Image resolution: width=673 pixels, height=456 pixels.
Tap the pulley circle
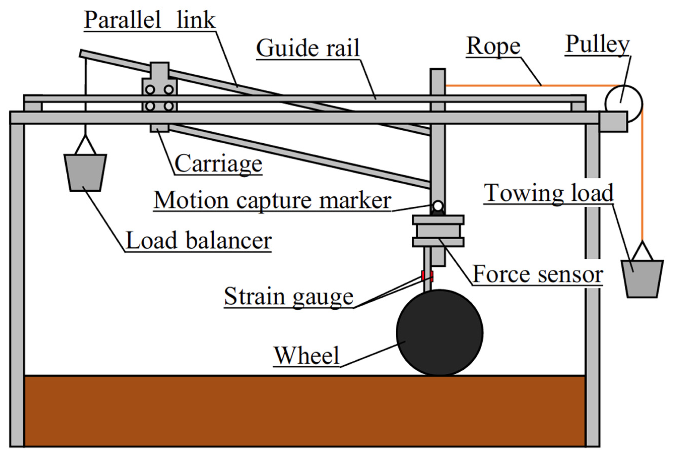[x=623, y=103]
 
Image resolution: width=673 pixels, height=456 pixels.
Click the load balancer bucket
[x=85, y=172]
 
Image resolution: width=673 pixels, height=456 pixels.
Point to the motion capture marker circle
[x=438, y=206]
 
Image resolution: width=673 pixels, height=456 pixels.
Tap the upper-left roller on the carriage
[x=150, y=89]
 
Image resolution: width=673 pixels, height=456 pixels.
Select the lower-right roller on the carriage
[x=169, y=106]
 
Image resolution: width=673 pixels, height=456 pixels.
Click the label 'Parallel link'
[x=150, y=20]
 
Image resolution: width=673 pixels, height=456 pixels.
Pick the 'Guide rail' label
[x=308, y=48]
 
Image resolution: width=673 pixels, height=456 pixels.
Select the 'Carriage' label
[x=218, y=164]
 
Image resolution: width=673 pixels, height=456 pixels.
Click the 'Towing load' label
[x=549, y=193]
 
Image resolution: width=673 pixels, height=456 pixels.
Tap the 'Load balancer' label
[x=199, y=241]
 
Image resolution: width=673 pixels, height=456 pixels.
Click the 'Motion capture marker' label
[x=272, y=201]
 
